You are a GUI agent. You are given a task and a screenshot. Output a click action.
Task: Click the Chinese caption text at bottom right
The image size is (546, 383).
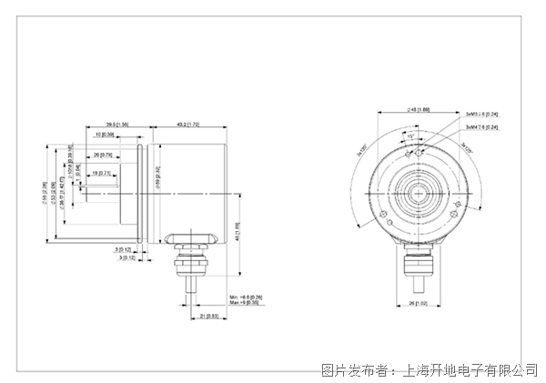(430, 370)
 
